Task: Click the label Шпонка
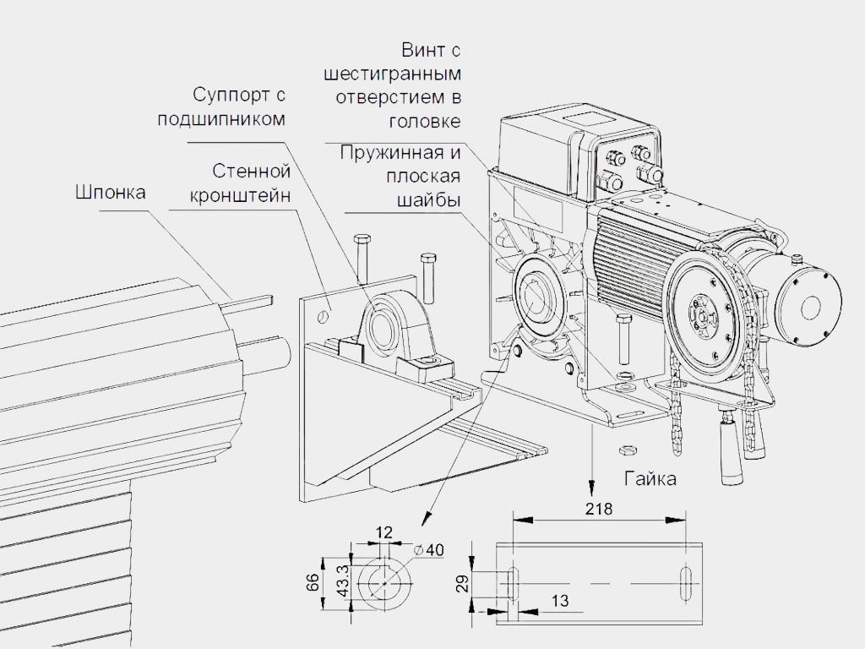tap(110, 193)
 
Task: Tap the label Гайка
tap(650, 479)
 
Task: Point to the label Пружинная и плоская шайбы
tap(400, 177)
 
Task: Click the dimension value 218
tap(603, 509)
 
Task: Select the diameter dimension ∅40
tap(429, 549)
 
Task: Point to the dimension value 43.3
tap(343, 582)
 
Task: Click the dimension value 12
tap(384, 532)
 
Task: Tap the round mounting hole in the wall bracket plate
tap(322, 315)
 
